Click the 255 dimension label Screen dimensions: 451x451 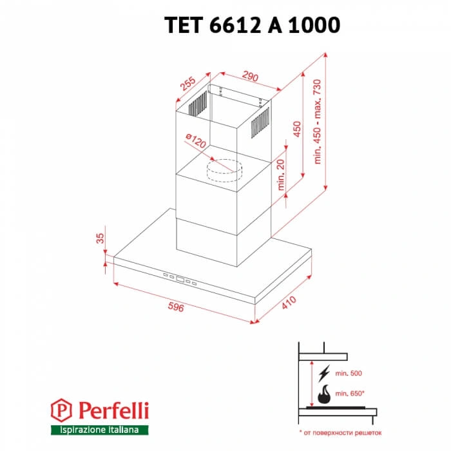(x=187, y=85)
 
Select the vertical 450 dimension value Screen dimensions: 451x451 (x=296, y=130)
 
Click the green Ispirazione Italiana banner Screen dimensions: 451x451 (x=99, y=429)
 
